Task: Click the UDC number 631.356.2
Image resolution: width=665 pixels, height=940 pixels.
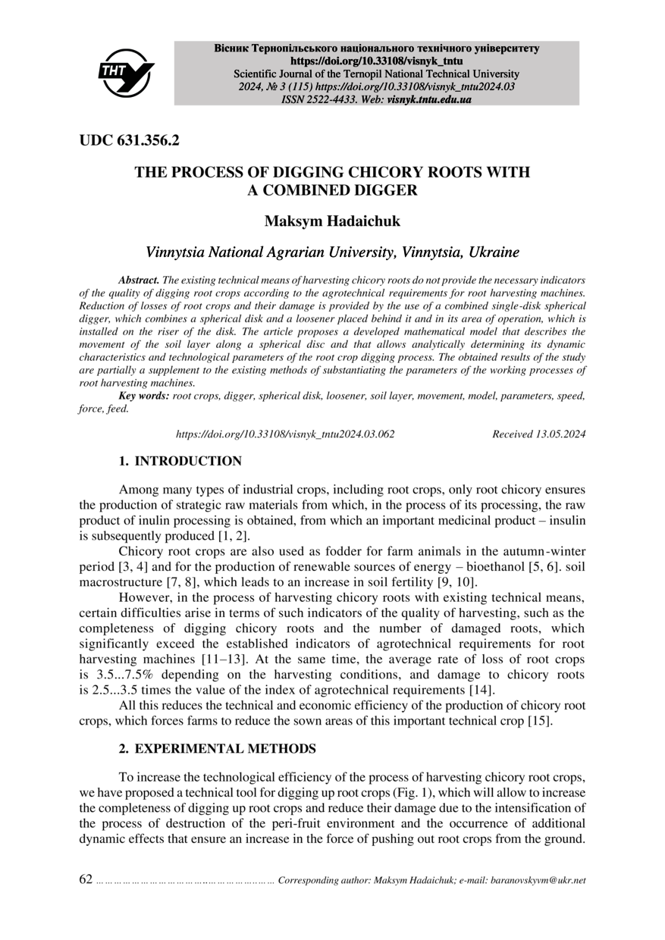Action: pyautogui.click(x=149, y=140)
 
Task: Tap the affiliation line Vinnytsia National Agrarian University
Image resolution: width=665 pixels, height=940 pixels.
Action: pyautogui.click(x=332, y=252)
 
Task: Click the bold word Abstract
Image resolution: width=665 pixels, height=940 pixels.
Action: pyautogui.click(x=139, y=280)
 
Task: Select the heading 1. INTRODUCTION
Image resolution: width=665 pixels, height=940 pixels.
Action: pyautogui.click(x=180, y=461)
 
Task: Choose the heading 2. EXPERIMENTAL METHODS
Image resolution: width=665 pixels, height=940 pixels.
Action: pyautogui.click(x=217, y=749)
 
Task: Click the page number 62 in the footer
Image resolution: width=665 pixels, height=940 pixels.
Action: pyautogui.click(x=86, y=880)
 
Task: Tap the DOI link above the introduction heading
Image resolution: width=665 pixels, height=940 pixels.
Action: pyautogui.click(x=285, y=434)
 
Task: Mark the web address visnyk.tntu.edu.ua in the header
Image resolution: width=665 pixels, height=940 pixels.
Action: pyautogui.click(x=429, y=99)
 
